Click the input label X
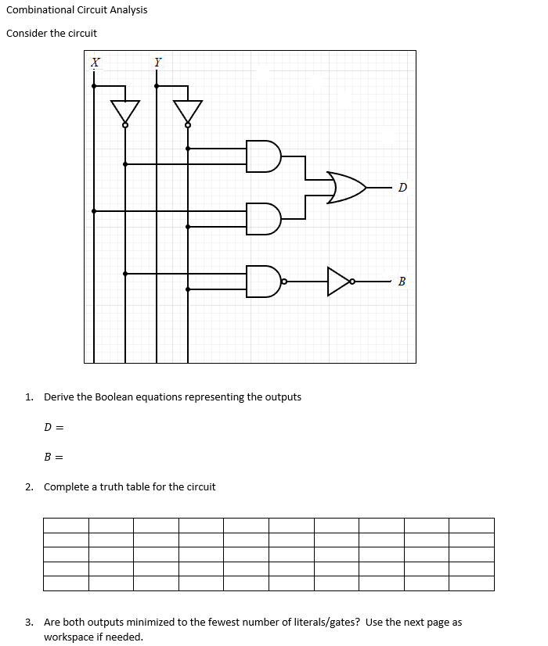click(x=95, y=62)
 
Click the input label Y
click(x=157, y=62)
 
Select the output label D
click(x=402, y=188)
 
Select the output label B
click(x=402, y=282)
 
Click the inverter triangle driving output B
click(x=339, y=282)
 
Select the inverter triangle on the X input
click(x=125, y=111)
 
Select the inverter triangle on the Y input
click(x=188, y=111)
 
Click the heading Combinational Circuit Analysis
click(x=77, y=10)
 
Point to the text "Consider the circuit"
click(x=52, y=34)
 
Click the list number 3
click(x=28, y=623)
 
